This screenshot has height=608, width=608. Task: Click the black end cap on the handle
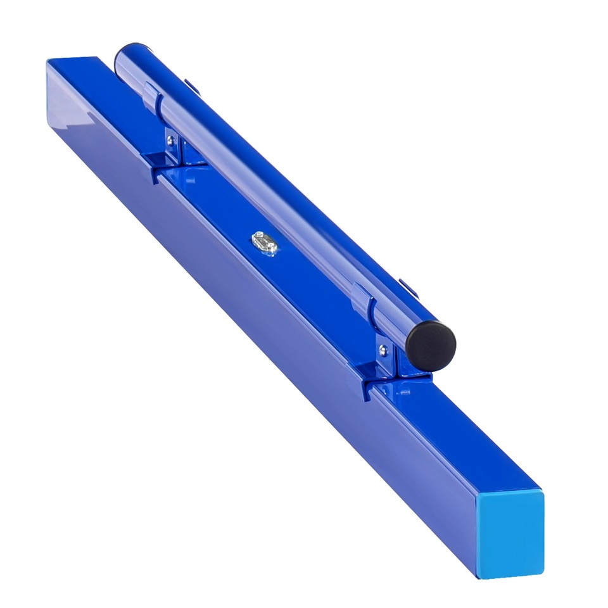431,345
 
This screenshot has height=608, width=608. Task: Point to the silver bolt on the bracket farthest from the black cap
170,140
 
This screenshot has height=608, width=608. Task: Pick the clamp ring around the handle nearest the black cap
366,307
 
